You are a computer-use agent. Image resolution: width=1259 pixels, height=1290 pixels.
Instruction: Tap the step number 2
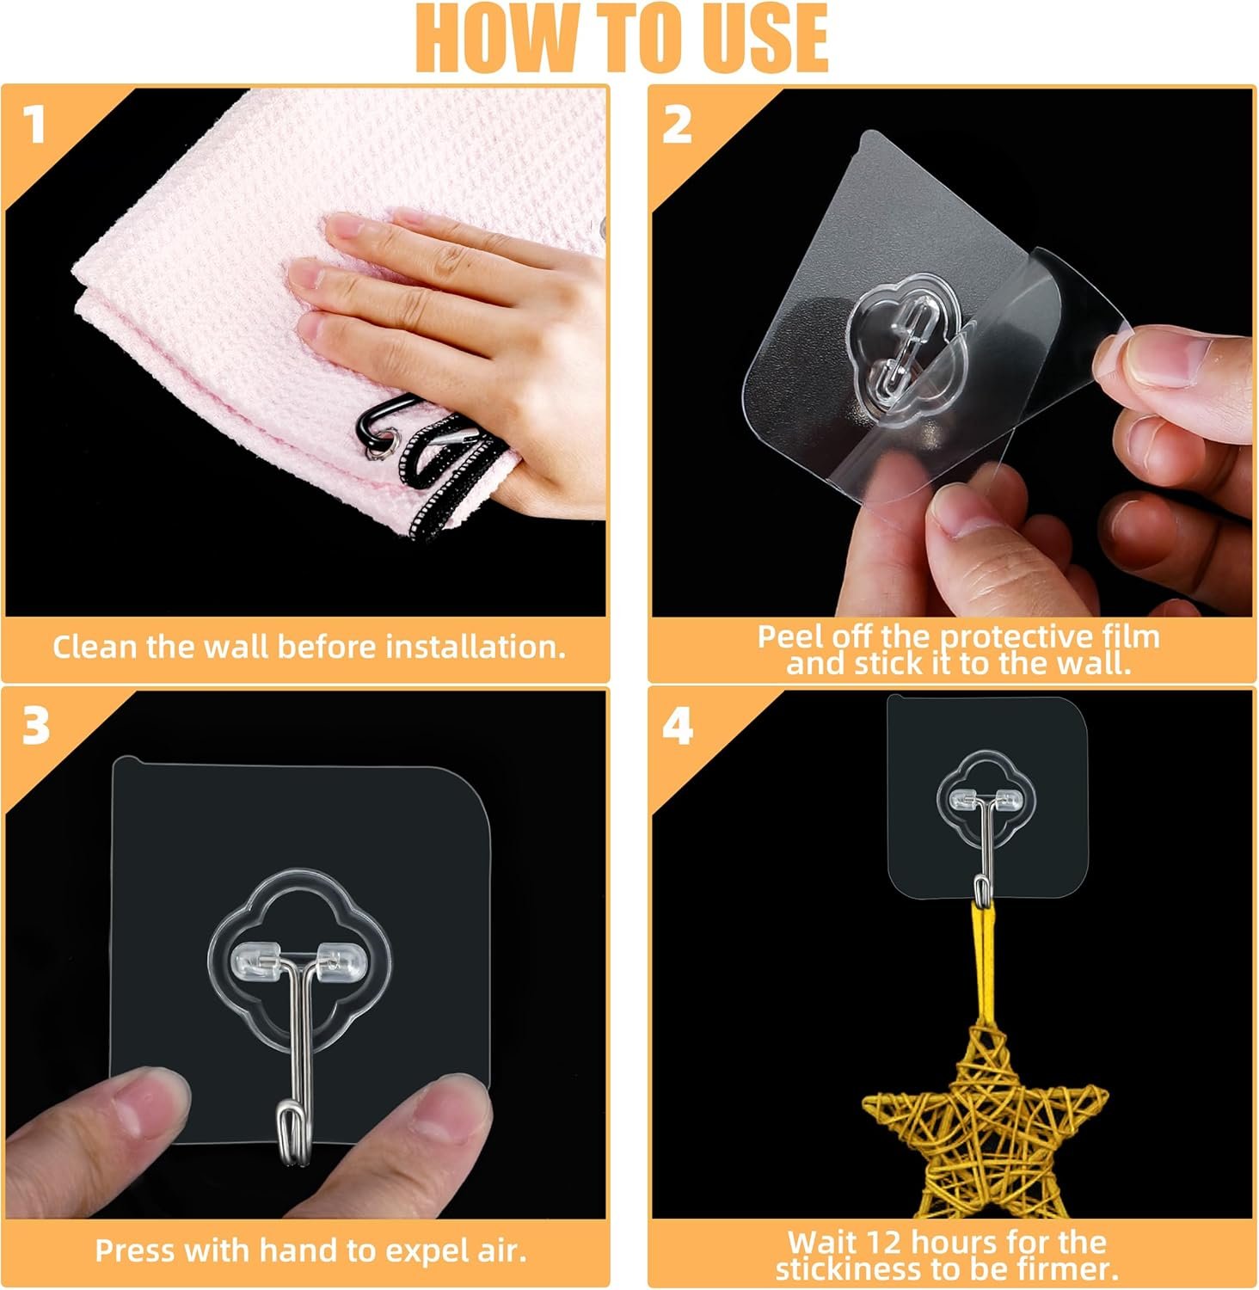(677, 126)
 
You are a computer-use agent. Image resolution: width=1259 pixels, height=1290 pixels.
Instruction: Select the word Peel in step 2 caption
(789, 636)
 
